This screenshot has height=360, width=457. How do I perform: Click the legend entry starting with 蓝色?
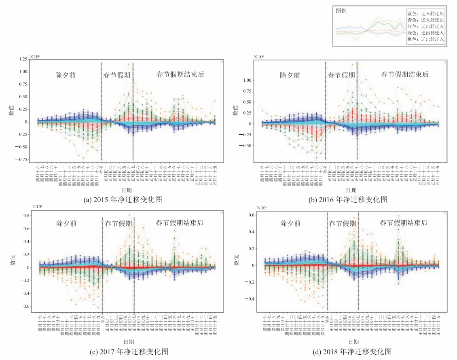[x=426, y=13]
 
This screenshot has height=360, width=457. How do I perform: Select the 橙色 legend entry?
[x=426, y=39]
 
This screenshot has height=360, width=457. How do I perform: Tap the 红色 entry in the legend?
[x=426, y=26]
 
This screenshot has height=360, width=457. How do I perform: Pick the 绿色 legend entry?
[x=426, y=33]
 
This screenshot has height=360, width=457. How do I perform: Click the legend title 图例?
[x=341, y=11]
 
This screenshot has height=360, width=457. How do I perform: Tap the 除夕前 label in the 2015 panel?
[x=66, y=75]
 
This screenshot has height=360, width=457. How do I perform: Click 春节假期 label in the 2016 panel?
[x=341, y=75]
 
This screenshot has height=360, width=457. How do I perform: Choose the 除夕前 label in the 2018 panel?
[x=290, y=223]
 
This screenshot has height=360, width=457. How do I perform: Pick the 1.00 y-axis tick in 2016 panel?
[x=248, y=80]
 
